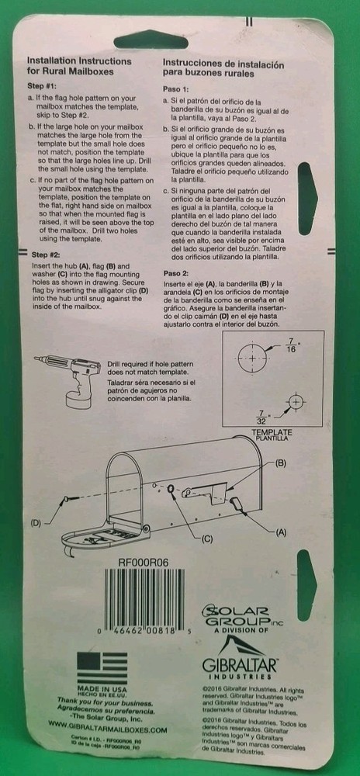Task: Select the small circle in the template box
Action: click(295, 402)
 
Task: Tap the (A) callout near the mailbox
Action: click(281, 532)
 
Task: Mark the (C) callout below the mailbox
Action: click(206, 539)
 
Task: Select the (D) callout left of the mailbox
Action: click(36, 523)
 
